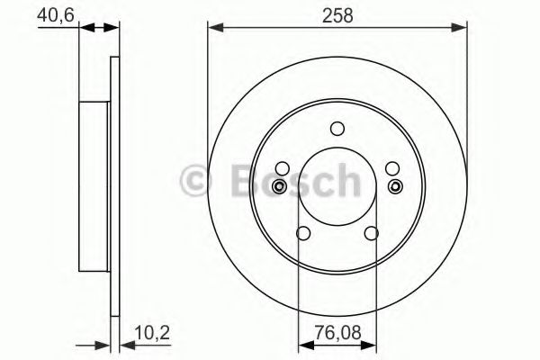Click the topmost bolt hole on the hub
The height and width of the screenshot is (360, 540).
click(337, 128)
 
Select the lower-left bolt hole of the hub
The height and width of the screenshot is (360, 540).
click(303, 234)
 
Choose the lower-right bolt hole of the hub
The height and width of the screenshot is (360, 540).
click(371, 234)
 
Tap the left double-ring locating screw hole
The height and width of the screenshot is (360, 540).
click(280, 186)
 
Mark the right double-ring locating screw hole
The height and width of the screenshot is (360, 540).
click(395, 186)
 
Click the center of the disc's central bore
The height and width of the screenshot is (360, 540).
click(337, 184)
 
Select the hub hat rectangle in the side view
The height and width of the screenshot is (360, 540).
click(94, 184)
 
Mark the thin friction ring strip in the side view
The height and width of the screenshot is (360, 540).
click(114, 184)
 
